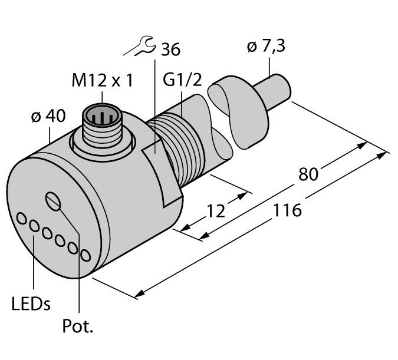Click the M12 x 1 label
tap(102, 81)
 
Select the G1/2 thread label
tap(182, 81)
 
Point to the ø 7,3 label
tap(266, 47)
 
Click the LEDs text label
tap(31, 304)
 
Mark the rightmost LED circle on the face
tap(85, 255)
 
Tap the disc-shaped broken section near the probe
tap(243, 115)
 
